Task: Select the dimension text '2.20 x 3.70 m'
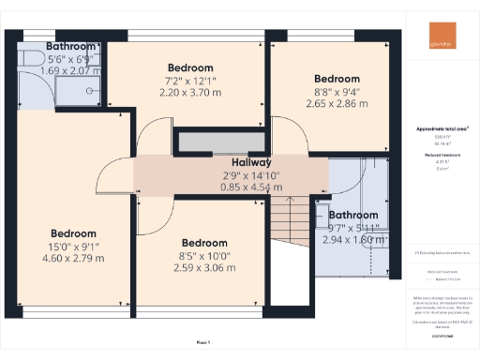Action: pyautogui.click(x=190, y=94)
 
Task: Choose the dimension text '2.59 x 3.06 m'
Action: pyautogui.click(x=203, y=267)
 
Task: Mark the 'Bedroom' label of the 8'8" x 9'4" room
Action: pyautogui.click(x=337, y=79)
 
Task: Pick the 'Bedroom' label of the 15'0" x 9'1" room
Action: pyautogui.click(x=73, y=233)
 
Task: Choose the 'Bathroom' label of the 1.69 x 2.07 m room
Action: pyautogui.click(x=71, y=46)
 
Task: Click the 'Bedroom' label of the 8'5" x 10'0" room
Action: pyautogui.click(x=203, y=242)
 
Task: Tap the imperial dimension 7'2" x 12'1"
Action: pyautogui.click(x=190, y=82)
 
